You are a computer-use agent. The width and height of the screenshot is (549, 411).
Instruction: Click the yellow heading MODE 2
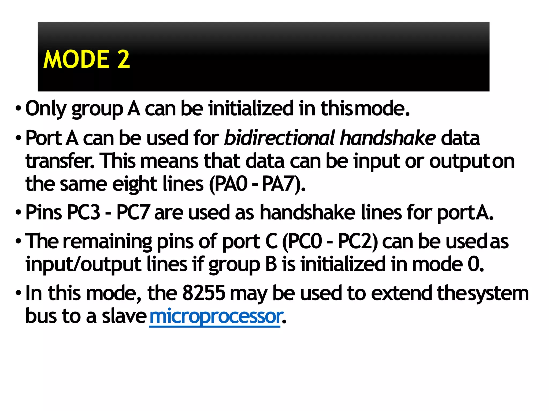pyautogui.click(x=86, y=59)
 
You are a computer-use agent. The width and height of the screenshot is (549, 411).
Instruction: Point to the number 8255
pyautogui.click(x=204, y=293)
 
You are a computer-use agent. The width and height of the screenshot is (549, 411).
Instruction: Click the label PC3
pyautogui.click(x=83, y=212)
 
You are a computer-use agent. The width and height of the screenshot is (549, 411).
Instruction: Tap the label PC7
pyautogui.click(x=133, y=212)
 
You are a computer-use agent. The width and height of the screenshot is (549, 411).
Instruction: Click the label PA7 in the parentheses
pyautogui.click(x=280, y=184)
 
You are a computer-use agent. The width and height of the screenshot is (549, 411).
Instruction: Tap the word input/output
pyautogui.click(x=83, y=264)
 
